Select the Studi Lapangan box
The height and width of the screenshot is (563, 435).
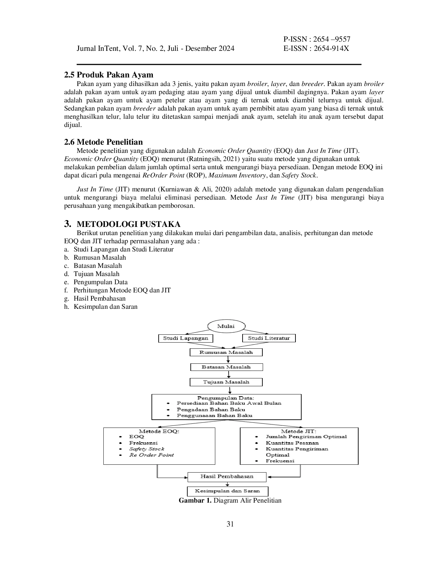click(x=186, y=338)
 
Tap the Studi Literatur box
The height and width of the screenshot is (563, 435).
click(x=269, y=338)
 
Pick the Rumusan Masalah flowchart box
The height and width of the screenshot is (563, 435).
click(x=226, y=352)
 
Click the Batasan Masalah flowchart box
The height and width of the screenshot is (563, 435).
click(x=227, y=367)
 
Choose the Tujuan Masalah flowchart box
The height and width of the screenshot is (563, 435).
click(x=226, y=382)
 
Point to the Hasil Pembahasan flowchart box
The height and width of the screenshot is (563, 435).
click(x=227, y=477)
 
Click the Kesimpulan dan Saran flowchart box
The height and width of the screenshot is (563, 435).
click(x=228, y=491)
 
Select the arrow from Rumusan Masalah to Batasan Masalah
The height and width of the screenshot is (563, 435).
click(x=228, y=360)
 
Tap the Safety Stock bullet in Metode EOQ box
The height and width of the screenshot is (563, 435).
click(x=147, y=449)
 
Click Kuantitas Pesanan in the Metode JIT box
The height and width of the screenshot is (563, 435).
click(x=292, y=443)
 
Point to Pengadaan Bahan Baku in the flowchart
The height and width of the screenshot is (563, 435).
click(x=211, y=409)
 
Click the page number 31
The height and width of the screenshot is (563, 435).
click(x=230, y=524)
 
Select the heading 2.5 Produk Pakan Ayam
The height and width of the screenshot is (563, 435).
click(x=108, y=75)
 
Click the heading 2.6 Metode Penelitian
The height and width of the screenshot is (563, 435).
click(x=103, y=142)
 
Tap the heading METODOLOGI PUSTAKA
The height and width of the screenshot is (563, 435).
click(x=129, y=224)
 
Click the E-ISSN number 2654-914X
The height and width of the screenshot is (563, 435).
click(x=331, y=48)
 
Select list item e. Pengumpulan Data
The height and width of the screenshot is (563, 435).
click(x=96, y=282)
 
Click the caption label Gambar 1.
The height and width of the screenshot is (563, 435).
click(x=195, y=500)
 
